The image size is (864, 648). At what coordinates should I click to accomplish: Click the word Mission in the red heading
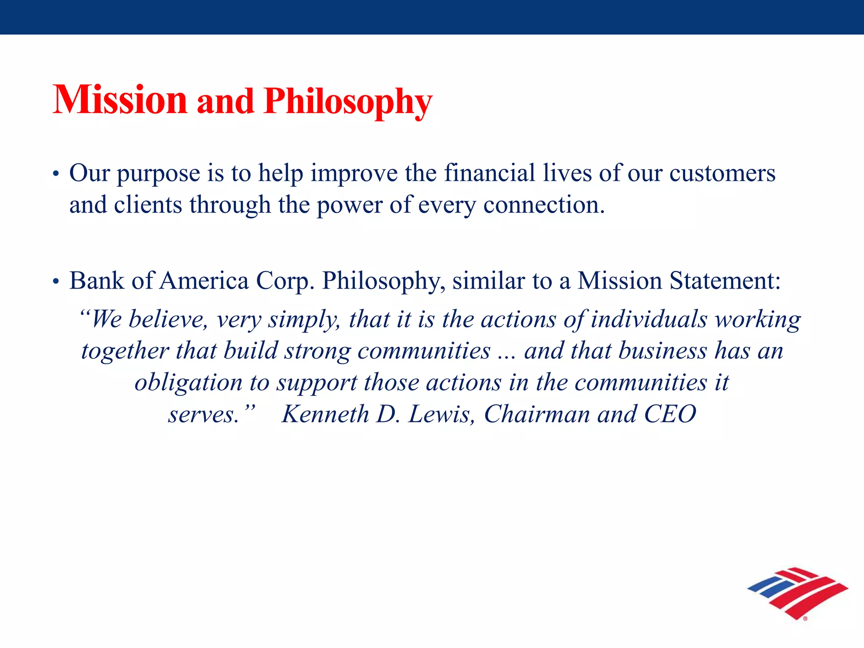120,100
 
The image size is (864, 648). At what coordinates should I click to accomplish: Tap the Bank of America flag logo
797,593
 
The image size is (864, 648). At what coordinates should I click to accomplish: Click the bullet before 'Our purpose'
55,175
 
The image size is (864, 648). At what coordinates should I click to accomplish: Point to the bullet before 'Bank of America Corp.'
55,282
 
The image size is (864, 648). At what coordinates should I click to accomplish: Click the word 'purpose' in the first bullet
158,174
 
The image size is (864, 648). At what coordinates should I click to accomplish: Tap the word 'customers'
722,173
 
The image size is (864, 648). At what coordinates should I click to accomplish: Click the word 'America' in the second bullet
204,281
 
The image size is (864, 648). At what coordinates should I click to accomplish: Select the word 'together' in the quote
125,351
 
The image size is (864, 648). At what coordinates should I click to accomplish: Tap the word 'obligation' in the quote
188,383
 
